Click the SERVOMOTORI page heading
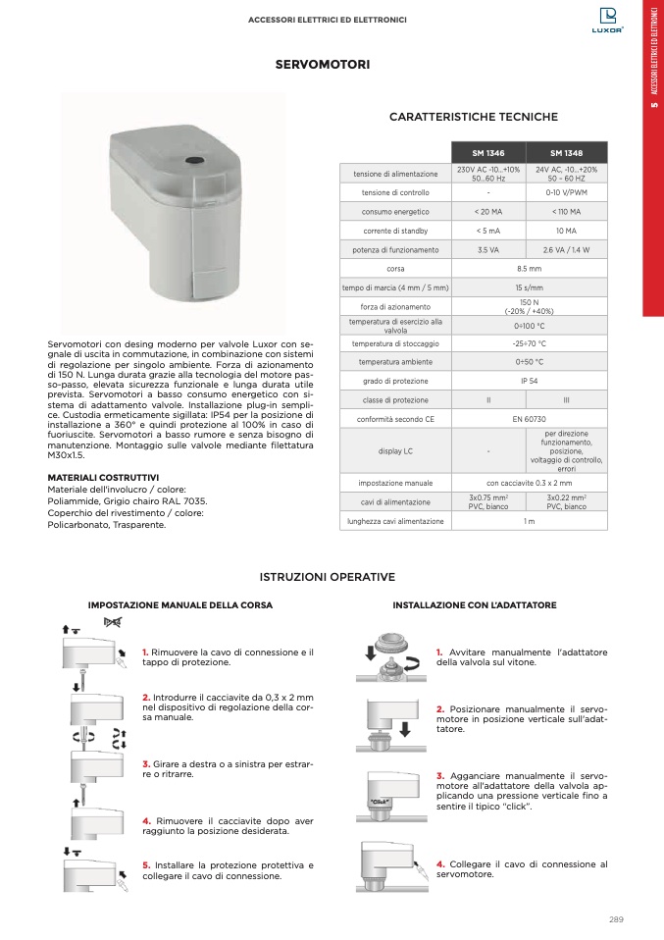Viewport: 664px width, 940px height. (x=322, y=65)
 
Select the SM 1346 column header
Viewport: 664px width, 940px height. (x=488, y=152)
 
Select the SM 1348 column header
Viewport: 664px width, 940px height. (x=567, y=152)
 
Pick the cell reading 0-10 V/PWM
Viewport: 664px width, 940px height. (x=567, y=192)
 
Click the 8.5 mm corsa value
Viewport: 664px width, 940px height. (x=529, y=268)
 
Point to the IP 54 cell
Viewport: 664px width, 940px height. (x=529, y=382)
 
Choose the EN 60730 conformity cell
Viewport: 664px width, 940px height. (x=529, y=419)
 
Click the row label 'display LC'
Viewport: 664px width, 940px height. (x=395, y=451)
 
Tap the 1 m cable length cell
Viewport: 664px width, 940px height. (x=529, y=521)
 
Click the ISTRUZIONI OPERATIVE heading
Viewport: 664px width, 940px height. (x=327, y=577)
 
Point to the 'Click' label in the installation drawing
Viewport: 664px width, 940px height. (x=381, y=802)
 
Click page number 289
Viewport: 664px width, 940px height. (x=616, y=919)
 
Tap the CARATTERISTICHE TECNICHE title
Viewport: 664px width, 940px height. (x=473, y=117)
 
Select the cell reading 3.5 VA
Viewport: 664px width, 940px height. (x=488, y=250)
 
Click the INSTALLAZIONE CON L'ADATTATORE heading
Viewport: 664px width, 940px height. (x=475, y=605)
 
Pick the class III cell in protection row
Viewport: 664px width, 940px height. (x=567, y=400)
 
